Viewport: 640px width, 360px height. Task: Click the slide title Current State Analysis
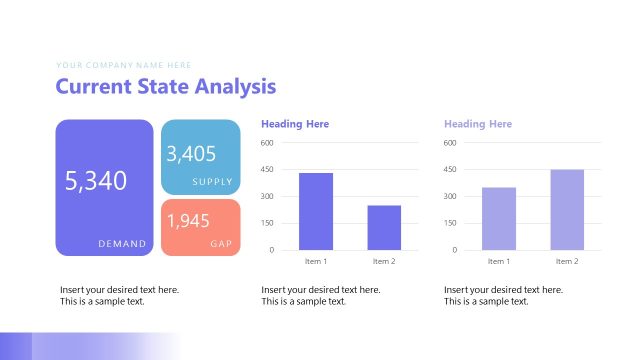[x=165, y=87]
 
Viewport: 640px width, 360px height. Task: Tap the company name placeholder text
[x=123, y=64]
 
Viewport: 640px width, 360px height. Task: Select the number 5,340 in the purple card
[x=96, y=181]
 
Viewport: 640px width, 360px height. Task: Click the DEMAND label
[x=122, y=243]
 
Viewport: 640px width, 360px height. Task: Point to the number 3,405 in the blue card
[x=191, y=154]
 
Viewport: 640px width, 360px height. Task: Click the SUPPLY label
[x=212, y=182]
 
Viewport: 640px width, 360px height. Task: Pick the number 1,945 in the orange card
[x=188, y=221]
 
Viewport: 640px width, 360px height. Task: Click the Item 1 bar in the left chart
[x=316, y=211]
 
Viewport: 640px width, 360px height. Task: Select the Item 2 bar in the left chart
[x=384, y=227]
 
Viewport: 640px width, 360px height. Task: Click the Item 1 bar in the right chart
[x=499, y=218]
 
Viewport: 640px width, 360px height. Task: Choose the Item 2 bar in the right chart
[x=567, y=209]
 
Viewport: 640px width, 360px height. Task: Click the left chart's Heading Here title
[x=295, y=124]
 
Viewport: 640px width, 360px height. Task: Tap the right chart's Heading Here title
[x=478, y=124]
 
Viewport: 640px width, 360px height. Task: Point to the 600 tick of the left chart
[x=267, y=143]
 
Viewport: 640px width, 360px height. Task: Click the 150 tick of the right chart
[x=450, y=223]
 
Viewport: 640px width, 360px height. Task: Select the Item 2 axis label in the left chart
[x=384, y=261]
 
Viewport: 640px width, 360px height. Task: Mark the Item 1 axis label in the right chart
[x=499, y=261]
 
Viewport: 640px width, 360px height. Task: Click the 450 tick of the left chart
[x=267, y=170]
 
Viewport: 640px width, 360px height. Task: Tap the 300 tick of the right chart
[x=450, y=196]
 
